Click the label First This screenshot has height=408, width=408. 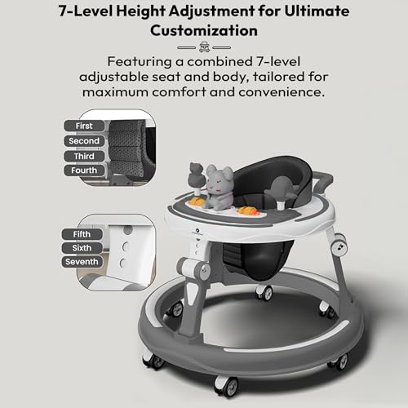[x=84, y=126]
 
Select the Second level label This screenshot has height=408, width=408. [x=84, y=141]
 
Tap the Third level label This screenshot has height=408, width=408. [x=84, y=156]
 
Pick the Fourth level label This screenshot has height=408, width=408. [x=84, y=171]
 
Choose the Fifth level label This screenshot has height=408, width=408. [x=82, y=234]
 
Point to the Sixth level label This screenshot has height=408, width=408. [x=82, y=248]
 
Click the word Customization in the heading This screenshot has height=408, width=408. [x=204, y=31]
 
